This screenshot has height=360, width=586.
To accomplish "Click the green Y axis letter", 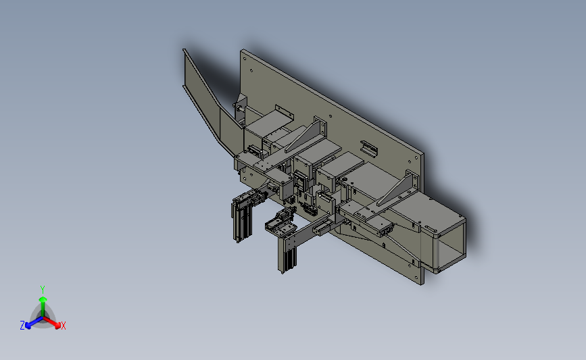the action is (43, 290).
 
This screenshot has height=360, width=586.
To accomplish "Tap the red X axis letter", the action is (63, 326).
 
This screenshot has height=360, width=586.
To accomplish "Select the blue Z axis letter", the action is (22, 326).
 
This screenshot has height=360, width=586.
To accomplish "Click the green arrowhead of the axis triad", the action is (43, 299).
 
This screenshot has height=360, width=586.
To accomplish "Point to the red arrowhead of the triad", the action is (57, 326).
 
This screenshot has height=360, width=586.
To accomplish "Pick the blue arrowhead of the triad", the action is (28, 326).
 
